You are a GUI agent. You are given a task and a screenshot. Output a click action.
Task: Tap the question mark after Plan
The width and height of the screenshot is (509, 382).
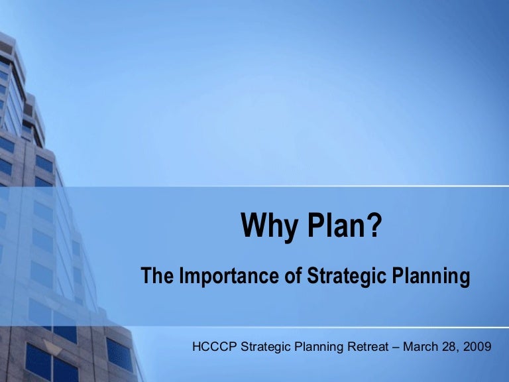coord(374,226)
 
